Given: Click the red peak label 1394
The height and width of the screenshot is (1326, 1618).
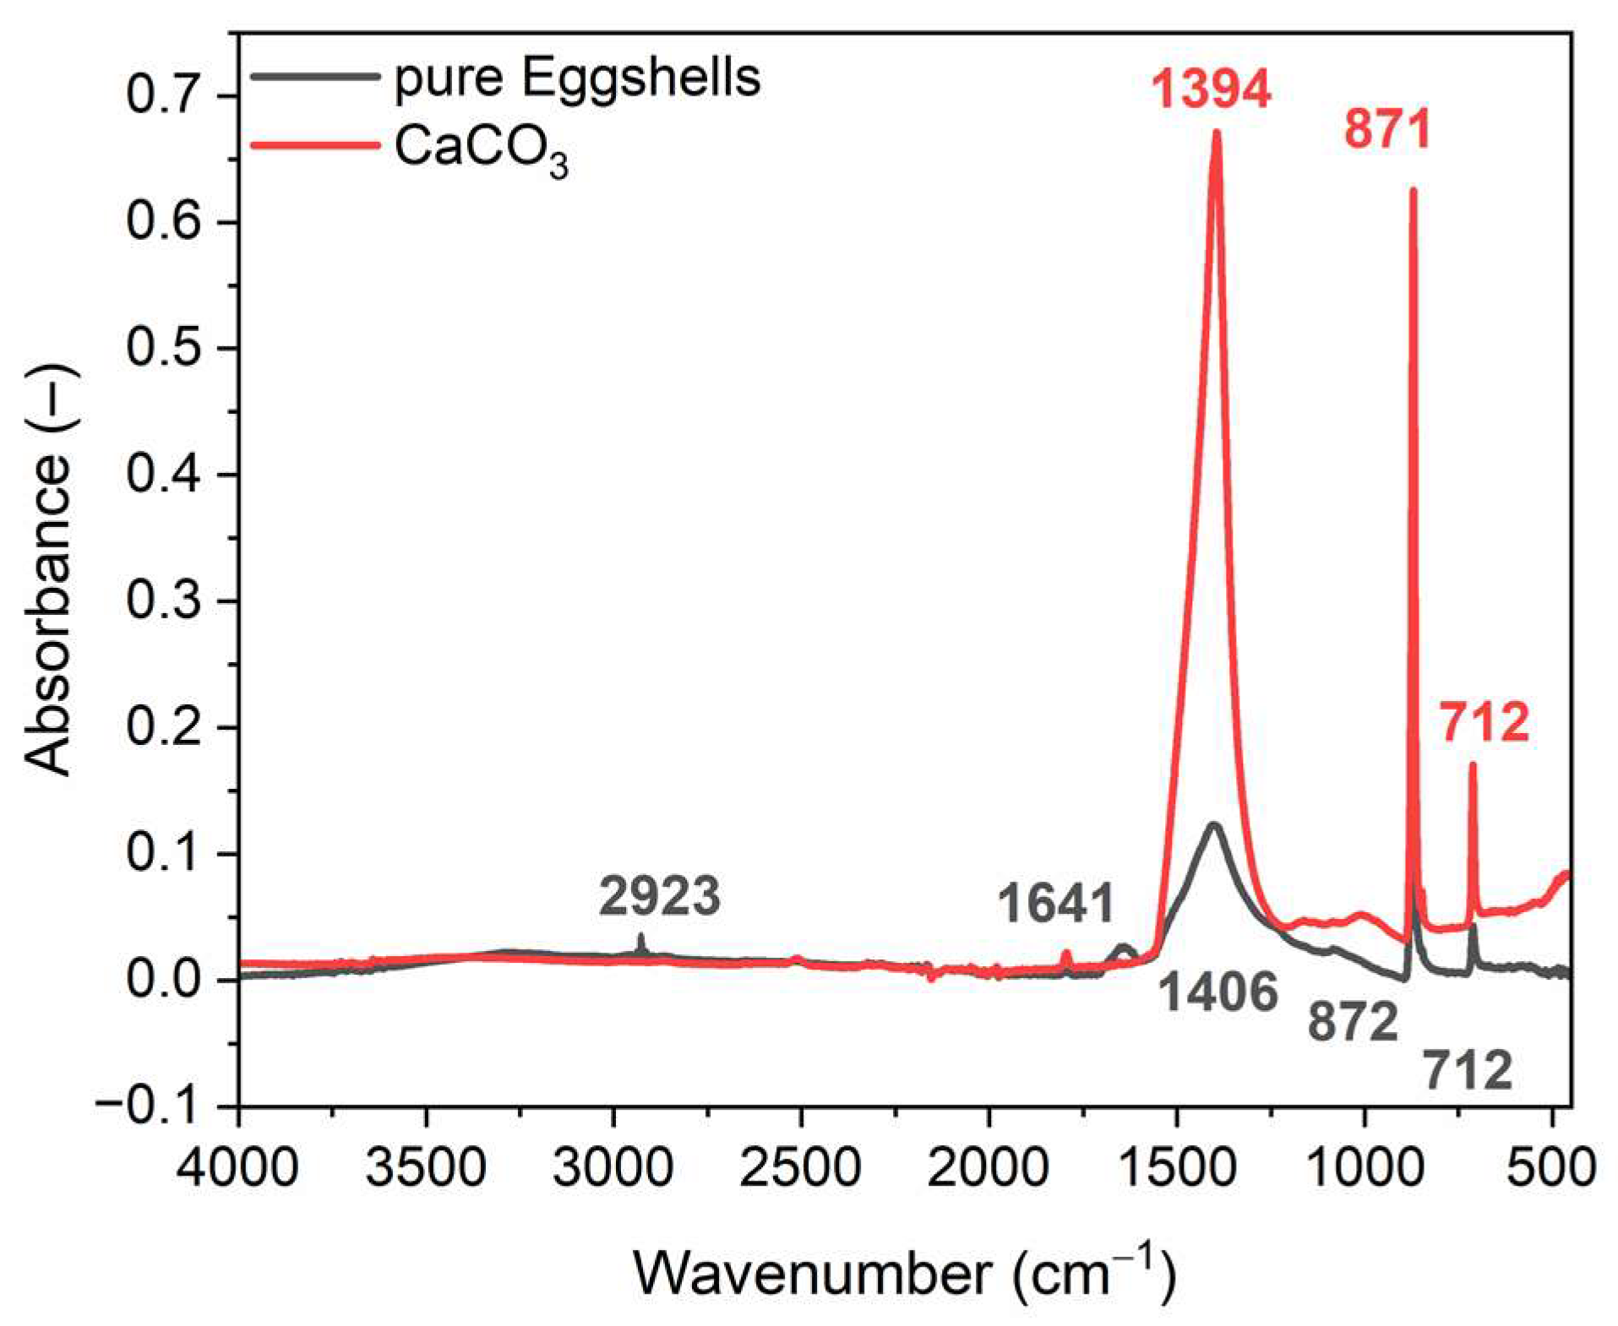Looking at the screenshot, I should click(1211, 89).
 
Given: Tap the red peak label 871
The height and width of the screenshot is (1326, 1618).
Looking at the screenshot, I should click(1387, 129).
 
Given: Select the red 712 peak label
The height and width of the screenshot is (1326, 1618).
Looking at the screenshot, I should click(1485, 723).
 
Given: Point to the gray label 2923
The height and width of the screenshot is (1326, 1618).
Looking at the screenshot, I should click(660, 896).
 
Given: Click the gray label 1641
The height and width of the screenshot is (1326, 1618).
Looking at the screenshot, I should click(1056, 903).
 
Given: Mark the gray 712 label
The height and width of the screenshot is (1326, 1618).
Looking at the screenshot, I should click(1468, 1071).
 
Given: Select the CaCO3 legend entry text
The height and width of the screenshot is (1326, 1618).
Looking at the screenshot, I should click(481, 150).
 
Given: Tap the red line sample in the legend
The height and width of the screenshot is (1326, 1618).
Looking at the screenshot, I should click(314, 146).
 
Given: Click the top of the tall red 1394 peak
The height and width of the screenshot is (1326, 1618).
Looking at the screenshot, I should click(1217, 133).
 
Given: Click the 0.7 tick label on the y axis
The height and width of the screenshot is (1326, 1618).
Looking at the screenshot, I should click(164, 95).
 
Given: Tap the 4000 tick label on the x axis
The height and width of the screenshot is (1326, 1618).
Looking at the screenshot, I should click(238, 1168).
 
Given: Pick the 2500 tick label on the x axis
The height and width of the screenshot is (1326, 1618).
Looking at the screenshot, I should click(800, 1168).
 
